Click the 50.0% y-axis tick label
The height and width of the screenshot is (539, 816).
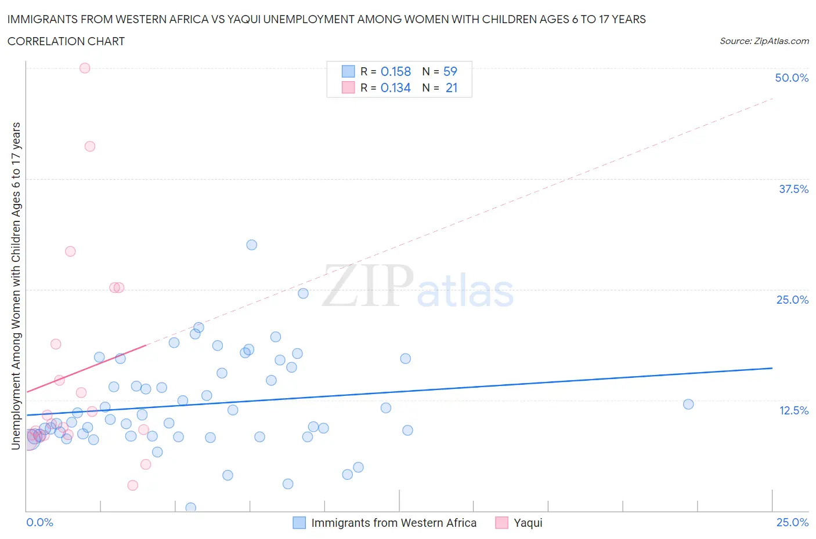pos(792,78)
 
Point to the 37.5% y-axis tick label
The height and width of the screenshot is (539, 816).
pos(793,189)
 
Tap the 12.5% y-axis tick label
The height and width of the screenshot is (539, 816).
pos(793,410)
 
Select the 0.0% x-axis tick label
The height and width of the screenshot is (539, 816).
pos(40,522)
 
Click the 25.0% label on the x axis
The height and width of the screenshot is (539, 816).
pos(792,522)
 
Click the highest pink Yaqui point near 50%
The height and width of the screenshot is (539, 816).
pos(85,68)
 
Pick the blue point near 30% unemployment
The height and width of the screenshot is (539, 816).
pos(251,245)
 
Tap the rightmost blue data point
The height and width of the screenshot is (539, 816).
pos(688,404)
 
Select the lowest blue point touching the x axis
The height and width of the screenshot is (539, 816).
pos(190,508)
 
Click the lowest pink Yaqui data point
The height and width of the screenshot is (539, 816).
pos(133,485)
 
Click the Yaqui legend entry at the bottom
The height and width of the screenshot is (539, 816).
pos(528,523)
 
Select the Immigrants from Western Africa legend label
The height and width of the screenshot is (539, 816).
pos(393,523)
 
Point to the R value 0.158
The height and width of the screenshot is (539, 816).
pos(396,71)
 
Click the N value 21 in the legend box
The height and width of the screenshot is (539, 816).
pos(452,88)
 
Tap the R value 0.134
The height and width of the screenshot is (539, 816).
pos(396,88)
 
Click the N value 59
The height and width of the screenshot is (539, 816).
pos(450,71)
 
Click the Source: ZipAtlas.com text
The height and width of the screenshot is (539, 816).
pos(764,41)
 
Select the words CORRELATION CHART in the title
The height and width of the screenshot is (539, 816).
pos(66,41)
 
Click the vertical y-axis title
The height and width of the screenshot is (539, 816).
pos(16,286)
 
